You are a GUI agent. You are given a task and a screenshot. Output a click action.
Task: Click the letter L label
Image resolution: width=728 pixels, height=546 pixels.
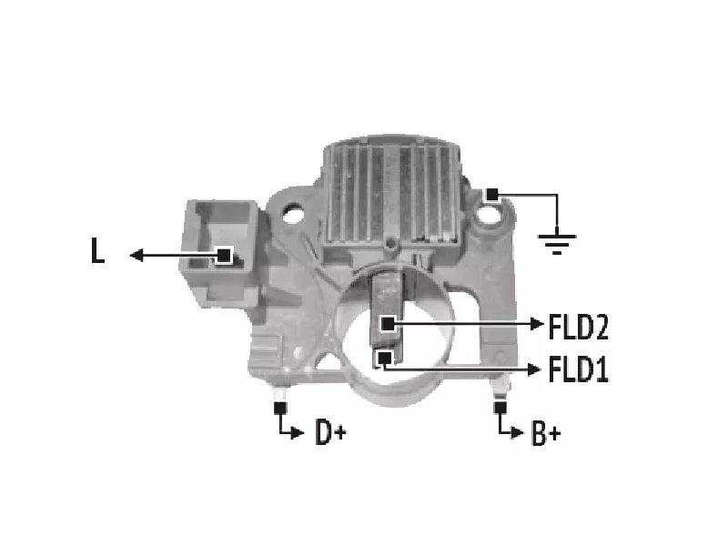97,251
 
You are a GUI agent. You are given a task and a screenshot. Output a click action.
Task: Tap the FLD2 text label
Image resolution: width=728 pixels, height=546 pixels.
578,327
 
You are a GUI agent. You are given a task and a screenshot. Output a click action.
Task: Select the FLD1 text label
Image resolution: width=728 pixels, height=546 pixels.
578,369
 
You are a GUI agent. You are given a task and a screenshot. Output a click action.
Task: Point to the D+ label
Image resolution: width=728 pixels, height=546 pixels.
330,432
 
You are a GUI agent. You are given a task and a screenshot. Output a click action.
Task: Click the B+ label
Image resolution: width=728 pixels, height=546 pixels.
546,433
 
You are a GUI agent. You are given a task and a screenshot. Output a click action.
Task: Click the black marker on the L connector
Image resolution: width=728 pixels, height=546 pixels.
224,256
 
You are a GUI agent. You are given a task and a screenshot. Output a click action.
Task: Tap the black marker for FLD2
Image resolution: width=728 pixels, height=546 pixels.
389,324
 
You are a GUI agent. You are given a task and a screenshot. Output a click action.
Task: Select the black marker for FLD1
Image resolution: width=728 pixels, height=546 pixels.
384,358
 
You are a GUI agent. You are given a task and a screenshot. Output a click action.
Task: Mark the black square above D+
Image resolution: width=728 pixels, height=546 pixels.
280,408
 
